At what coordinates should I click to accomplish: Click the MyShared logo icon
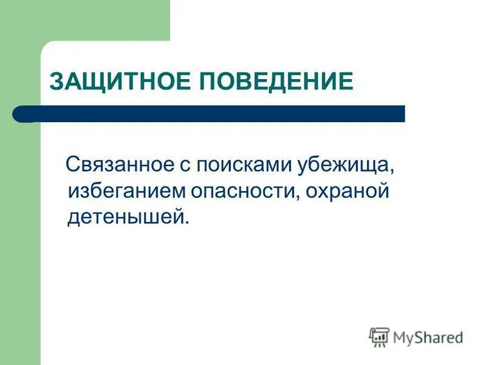tap(379, 336)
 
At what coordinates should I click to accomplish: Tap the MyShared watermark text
tap(428, 337)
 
